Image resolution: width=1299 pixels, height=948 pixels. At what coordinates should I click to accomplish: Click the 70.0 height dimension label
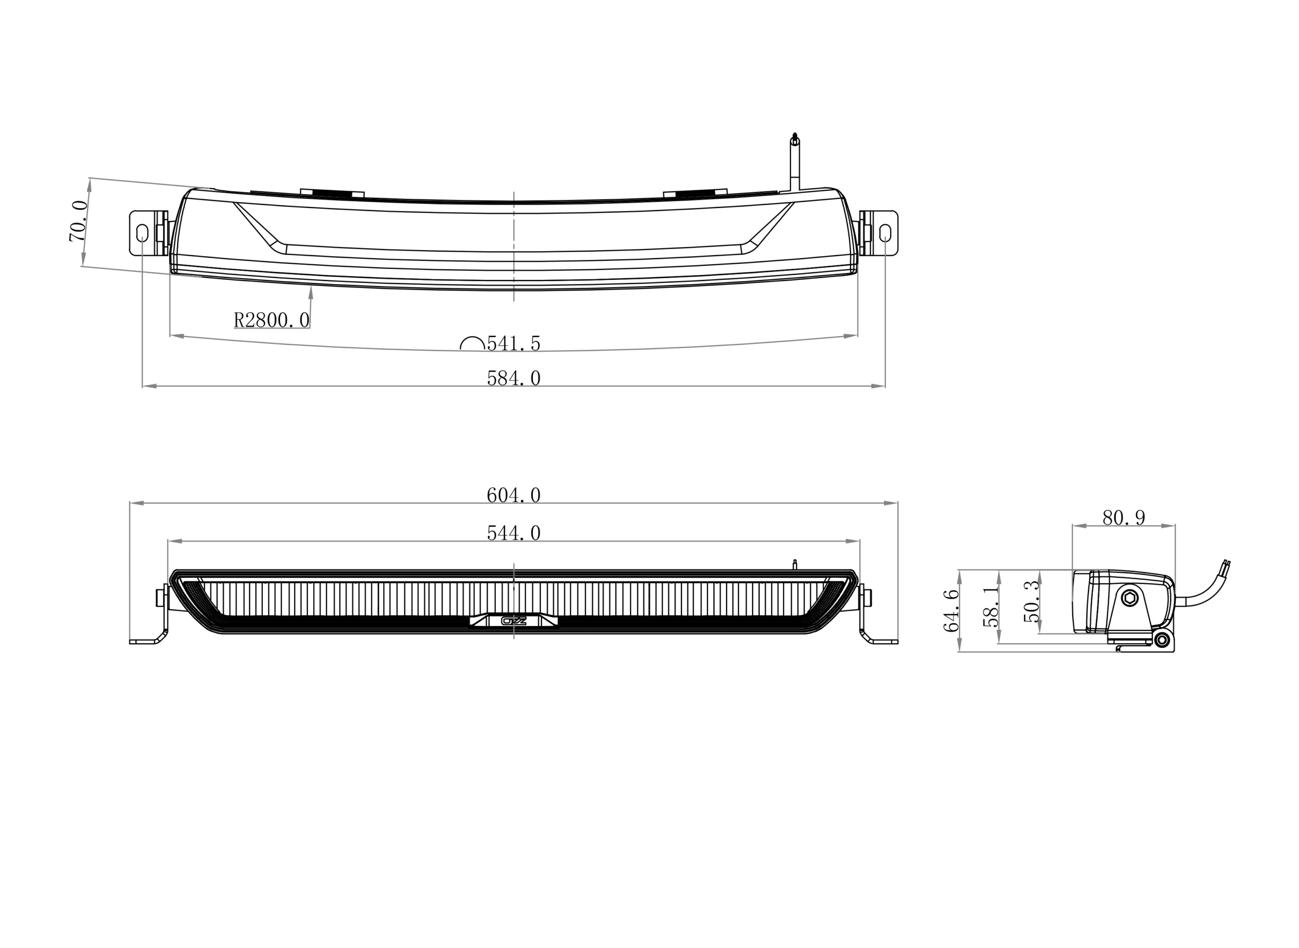coord(79,221)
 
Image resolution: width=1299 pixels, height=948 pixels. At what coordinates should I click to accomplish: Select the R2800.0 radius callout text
coord(271,320)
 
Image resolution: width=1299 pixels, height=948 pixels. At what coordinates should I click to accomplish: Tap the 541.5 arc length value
coord(514,344)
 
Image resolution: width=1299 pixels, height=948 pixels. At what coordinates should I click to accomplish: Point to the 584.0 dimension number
coord(514,378)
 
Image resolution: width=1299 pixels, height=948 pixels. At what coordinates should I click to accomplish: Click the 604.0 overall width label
coord(514,495)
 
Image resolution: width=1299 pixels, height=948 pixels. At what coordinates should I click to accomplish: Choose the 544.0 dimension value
coord(514,534)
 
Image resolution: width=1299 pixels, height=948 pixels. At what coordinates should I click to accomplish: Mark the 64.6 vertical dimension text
coord(951,611)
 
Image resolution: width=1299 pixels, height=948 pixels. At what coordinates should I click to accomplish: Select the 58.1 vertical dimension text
coord(992,606)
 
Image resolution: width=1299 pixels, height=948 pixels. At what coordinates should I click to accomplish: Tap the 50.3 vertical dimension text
coord(1032,602)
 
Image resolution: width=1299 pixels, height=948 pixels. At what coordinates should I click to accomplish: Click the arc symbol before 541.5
coord(472,343)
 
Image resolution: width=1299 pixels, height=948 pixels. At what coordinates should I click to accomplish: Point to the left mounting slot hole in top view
coord(142,233)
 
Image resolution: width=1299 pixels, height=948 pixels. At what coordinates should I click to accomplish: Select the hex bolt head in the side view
coord(1130,598)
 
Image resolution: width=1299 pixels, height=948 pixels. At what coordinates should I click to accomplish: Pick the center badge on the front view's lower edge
coord(514,620)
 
